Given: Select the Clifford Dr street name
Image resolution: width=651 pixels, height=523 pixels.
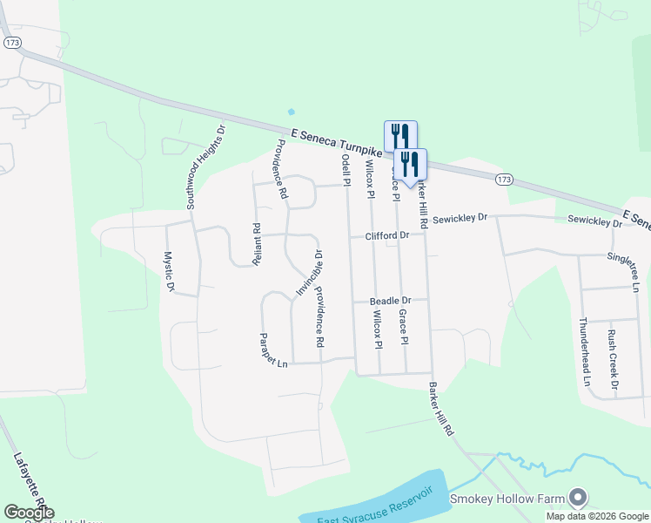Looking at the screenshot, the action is [x=386, y=236].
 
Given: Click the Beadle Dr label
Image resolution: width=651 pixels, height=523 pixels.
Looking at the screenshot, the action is [x=390, y=301].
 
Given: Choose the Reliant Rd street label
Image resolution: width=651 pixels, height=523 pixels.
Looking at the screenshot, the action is [x=257, y=244].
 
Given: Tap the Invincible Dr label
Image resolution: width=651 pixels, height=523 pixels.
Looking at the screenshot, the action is [x=307, y=274].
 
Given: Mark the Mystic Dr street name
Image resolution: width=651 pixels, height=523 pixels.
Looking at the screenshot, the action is [x=169, y=271].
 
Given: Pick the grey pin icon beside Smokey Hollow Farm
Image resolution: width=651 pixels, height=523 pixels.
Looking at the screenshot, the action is [x=577, y=498].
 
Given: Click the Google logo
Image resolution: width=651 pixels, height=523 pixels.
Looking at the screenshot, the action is [x=29, y=513].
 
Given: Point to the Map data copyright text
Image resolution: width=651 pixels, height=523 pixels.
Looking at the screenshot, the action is [x=598, y=516].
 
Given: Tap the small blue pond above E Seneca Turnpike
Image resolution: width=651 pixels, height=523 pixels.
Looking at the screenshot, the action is [x=291, y=112].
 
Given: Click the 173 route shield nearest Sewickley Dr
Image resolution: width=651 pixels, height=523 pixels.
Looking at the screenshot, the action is [x=503, y=179].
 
